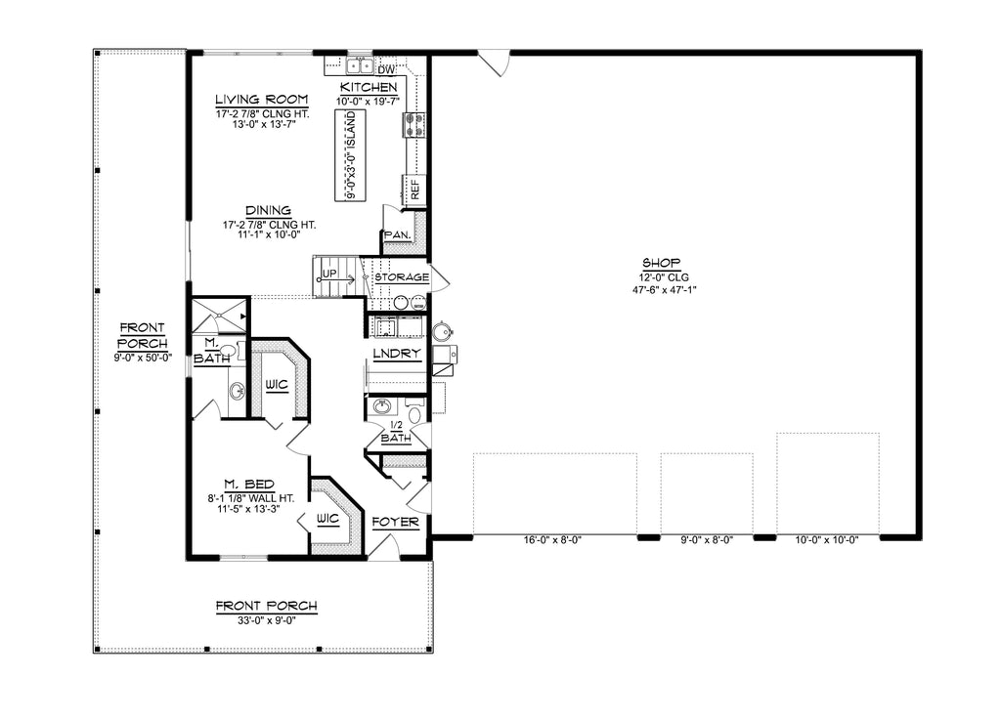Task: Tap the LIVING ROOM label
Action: (261, 100)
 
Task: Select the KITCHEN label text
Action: (368, 88)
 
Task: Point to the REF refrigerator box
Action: (414, 190)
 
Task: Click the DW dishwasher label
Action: (385, 69)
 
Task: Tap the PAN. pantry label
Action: (396, 235)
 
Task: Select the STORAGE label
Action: (401, 277)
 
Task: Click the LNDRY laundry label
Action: (396, 353)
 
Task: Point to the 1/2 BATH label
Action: (396, 432)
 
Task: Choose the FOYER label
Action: (396, 523)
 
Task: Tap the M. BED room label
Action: (247, 485)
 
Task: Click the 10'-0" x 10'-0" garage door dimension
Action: (827, 539)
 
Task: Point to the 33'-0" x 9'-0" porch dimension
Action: (266, 619)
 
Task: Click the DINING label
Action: (268, 210)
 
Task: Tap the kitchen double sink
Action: (360, 66)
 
